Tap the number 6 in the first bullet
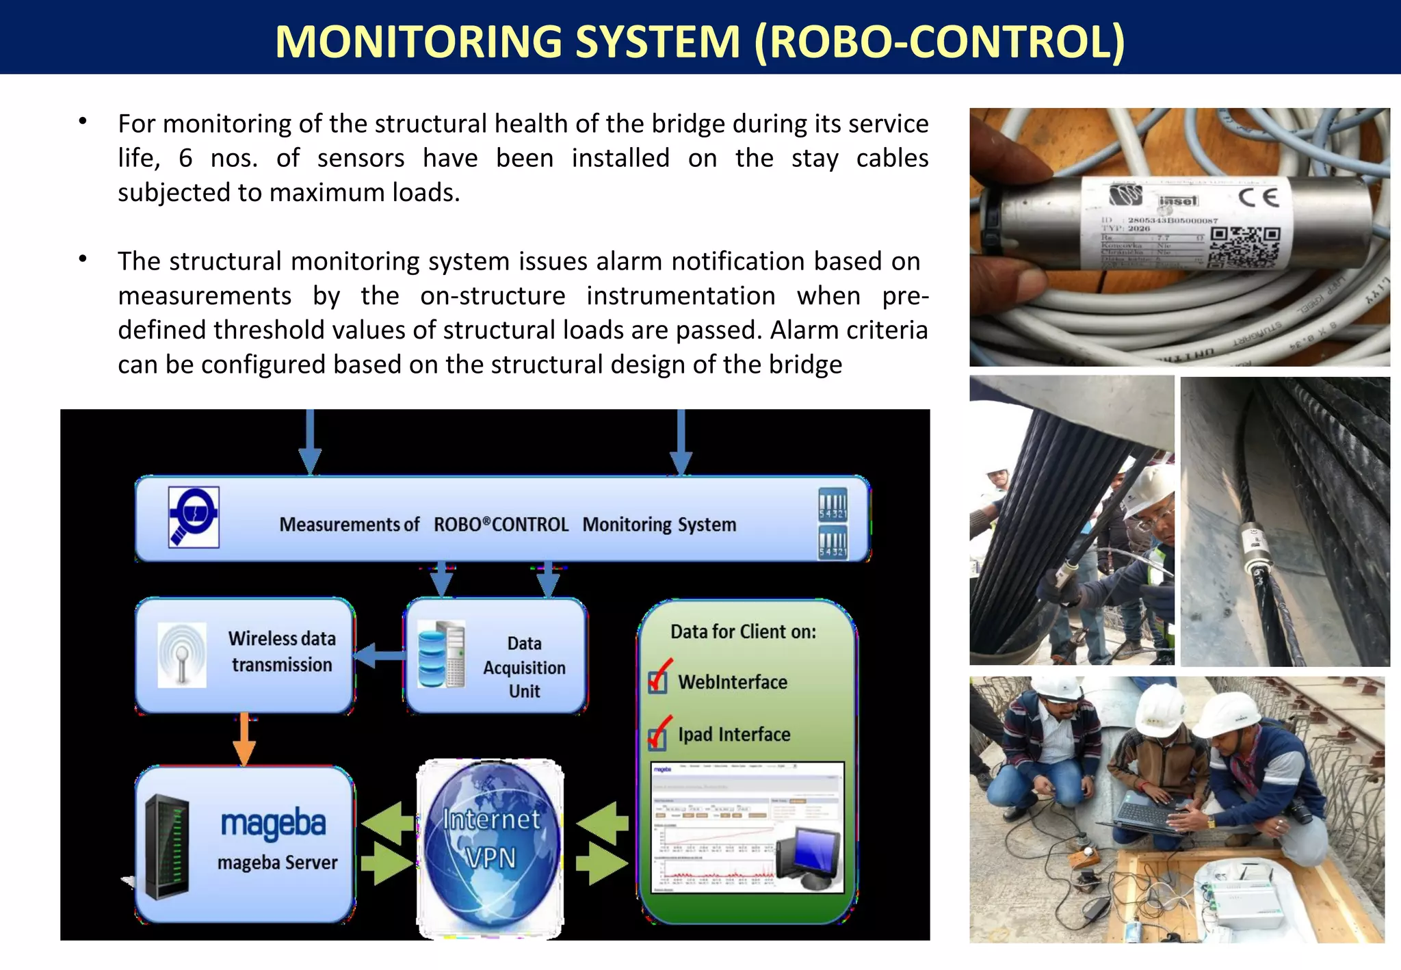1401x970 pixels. tap(185, 159)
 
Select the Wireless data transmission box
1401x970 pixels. tap(245, 655)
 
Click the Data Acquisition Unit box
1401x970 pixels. tap(496, 656)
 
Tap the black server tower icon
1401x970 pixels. tap(166, 846)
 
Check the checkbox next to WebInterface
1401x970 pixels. tap(657, 681)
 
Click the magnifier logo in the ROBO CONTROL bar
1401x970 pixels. tap(194, 517)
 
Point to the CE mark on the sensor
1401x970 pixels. tap(1258, 198)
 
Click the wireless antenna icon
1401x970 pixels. tap(181, 655)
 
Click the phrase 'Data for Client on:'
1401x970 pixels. tap(743, 631)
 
